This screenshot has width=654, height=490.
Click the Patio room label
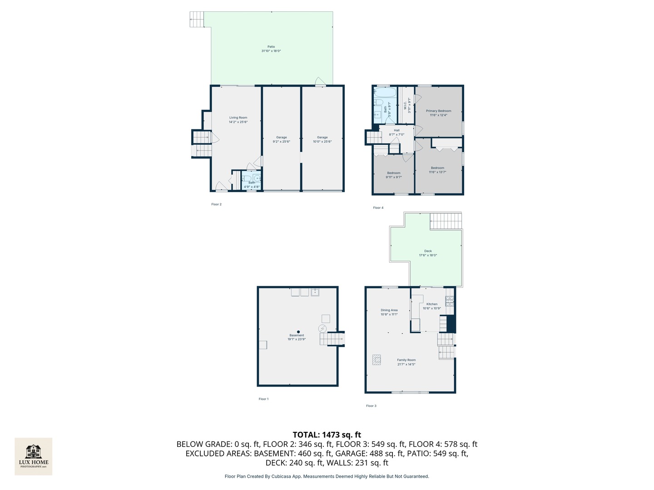tap(271, 49)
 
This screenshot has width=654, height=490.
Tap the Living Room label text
tap(238, 120)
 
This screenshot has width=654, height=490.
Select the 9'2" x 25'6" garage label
tap(282, 139)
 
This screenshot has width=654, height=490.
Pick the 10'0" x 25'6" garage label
tap(322, 139)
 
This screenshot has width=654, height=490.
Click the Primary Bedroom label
tap(439, 113)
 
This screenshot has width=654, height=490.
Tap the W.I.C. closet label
tap(407, 105)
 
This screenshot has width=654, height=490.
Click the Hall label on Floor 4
tap(396, 132)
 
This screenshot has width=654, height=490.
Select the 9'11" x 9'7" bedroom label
tap(394, 175)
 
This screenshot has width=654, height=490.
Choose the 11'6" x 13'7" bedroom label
tap(438, 170)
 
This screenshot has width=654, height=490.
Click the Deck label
tap(428, 253)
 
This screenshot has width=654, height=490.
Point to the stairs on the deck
tap(446, 221)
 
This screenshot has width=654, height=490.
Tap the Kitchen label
tap(432, 306)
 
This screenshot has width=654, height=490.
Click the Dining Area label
tap(389, 312)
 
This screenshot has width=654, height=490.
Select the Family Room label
tap(406, 362)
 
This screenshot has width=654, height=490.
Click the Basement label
tap(297, 337)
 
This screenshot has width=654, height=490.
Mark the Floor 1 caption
tap(263, 399)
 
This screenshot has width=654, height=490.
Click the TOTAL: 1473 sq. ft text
tap(327, 435)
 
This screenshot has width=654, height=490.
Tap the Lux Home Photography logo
tap(34, 456)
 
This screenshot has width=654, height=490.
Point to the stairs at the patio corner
tap(197, 19)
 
